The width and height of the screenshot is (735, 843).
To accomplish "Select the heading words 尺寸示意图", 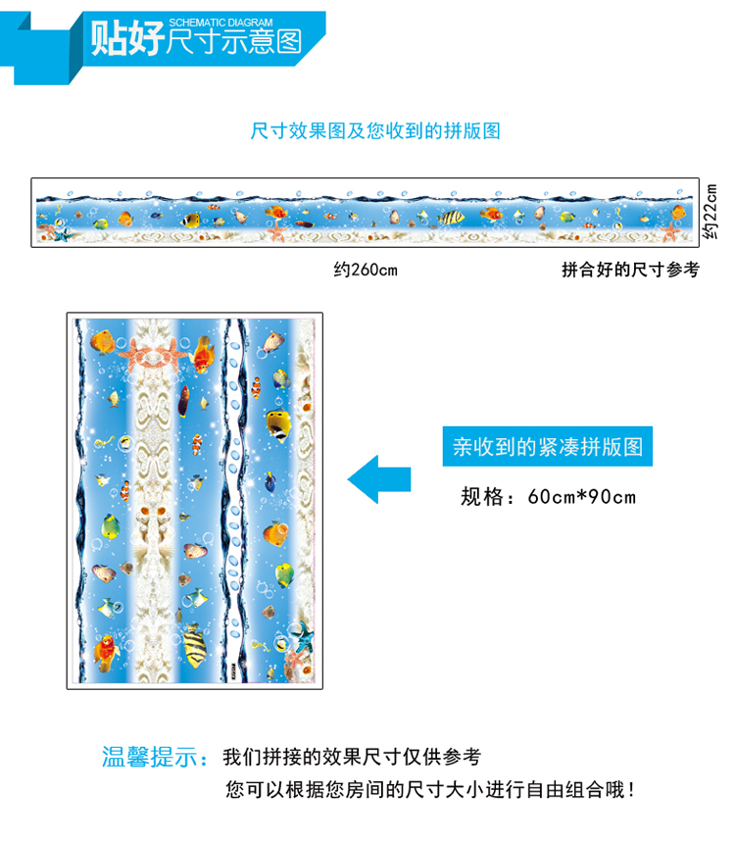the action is pos(233,43).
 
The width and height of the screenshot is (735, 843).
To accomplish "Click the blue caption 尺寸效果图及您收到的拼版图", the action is pos(375,130).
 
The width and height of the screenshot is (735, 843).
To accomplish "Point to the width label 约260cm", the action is pos(366,270).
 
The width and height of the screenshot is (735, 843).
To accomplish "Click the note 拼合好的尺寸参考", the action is pos(630,270).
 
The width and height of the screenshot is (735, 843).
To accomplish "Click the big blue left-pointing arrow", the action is pos(379,478).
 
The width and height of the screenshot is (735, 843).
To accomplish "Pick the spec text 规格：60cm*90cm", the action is pos(548,496).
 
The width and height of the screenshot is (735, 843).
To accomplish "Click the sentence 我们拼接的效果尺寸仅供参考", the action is pos(352,757).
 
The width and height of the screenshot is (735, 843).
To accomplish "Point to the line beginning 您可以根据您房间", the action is pos(435,789).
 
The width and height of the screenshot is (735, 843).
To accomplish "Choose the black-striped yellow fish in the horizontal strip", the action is pos(452,218).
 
